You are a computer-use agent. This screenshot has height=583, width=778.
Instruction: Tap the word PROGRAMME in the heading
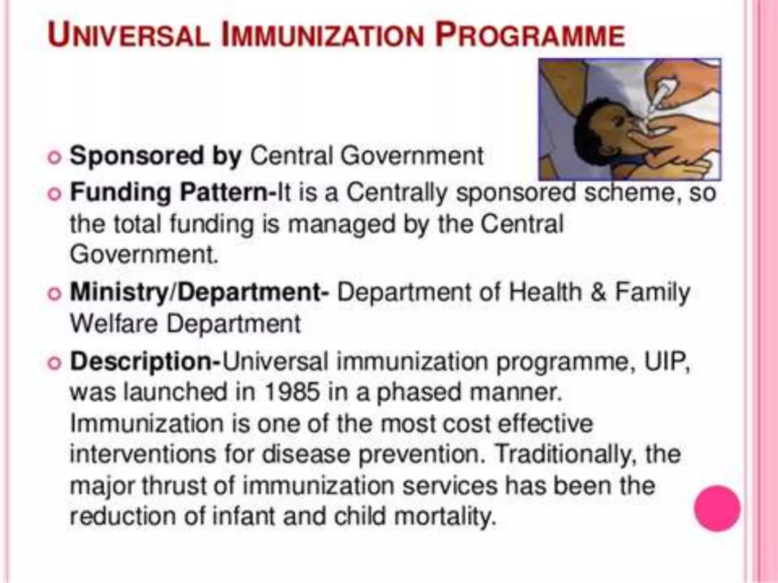(x=530, y=35)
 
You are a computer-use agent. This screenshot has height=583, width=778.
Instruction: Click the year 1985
(x=291, y=392)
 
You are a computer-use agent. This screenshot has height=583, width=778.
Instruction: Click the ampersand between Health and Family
(x=598, y=293)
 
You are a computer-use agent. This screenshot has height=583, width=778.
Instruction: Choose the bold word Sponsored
(x=137, y=156)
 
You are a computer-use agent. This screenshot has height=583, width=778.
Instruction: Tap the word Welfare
(x=114, y=324)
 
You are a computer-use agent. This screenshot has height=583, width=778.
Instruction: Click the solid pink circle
(x=717, y=508)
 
